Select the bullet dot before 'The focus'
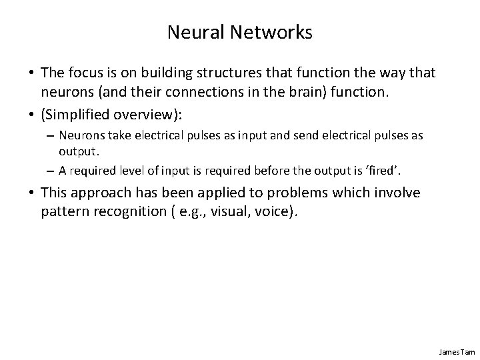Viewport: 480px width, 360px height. coord(31,70)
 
